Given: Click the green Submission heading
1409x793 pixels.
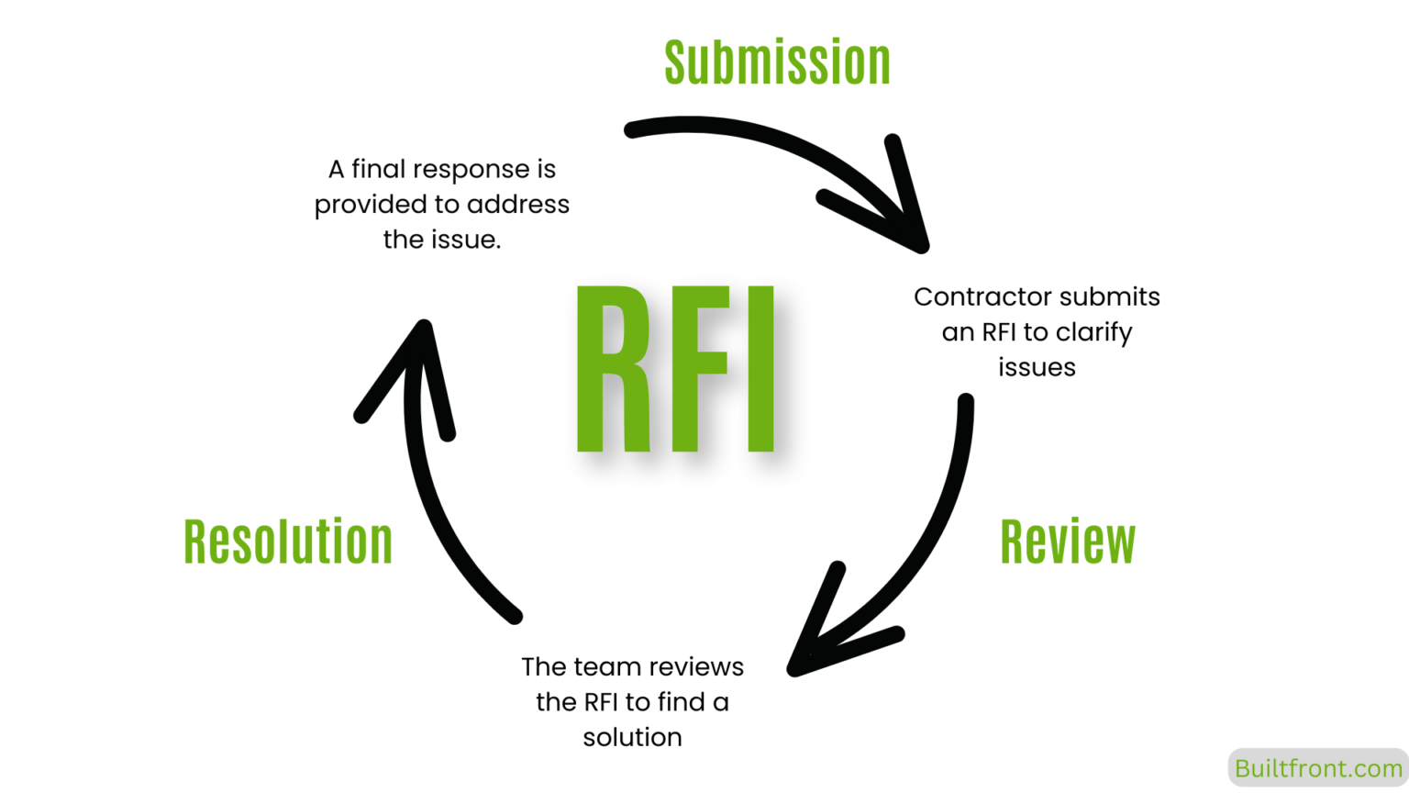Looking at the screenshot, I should pos(777,63).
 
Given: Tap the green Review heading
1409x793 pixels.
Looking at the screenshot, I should pos(1067,542).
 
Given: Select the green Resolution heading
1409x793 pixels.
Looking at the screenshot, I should pos(288,542).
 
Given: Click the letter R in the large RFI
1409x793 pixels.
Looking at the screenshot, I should pos(611,369).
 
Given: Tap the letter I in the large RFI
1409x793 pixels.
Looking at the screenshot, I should pos(760,369).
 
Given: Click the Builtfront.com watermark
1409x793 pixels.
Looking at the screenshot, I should pos(1317,768).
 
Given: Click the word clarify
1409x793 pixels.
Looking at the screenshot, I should pos(1093,332).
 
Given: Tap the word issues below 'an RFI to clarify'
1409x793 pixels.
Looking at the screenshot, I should pos(1037,367).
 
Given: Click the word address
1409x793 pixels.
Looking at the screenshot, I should pos(518,205).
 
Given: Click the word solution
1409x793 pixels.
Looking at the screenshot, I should pos(632,737).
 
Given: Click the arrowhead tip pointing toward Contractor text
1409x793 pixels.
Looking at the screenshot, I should pos(920,244).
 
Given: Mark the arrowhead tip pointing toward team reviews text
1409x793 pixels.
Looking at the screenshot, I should pos(796,669).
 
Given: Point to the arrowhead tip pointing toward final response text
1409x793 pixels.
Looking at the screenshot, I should pos(424,328).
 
